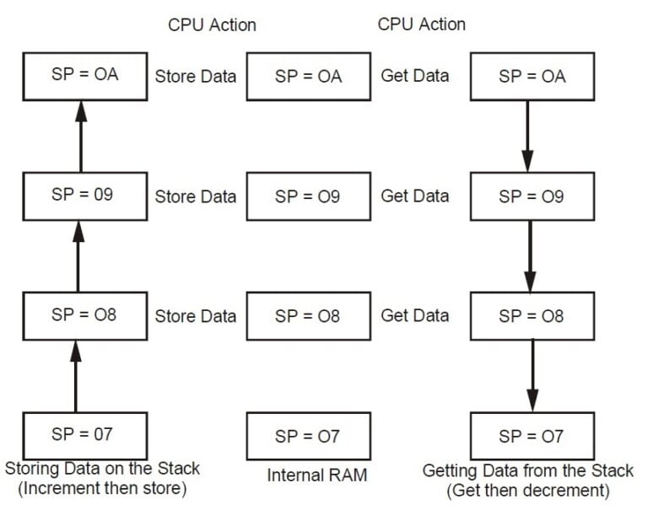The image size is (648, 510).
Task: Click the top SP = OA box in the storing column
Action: (x=84, y=75)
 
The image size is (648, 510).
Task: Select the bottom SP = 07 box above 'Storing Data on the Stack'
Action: (x=81, y=435)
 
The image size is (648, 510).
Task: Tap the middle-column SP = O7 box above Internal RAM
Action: (x=308, y=436)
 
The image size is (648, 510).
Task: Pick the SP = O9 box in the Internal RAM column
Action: (x=308, y=196)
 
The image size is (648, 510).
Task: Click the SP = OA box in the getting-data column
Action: (x=531, y=76)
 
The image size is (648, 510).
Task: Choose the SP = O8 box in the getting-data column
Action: (x=531, y=316)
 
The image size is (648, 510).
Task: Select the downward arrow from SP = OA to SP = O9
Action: (x=528, y=135)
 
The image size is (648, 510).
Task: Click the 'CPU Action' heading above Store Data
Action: (x=212, y=24)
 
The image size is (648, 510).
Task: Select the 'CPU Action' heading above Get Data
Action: (x=421, y=24)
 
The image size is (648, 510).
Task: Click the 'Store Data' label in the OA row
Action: (x=195, y=76)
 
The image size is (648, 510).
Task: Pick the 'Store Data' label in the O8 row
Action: (x=195, y=316)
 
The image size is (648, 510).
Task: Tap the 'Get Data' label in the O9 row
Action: (x=414, y=196)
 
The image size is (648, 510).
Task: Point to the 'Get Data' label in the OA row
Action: (x=414, y=76)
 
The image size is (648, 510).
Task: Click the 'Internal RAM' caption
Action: (x=317, y=475)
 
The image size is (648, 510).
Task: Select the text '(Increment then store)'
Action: (x=101, y=489)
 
